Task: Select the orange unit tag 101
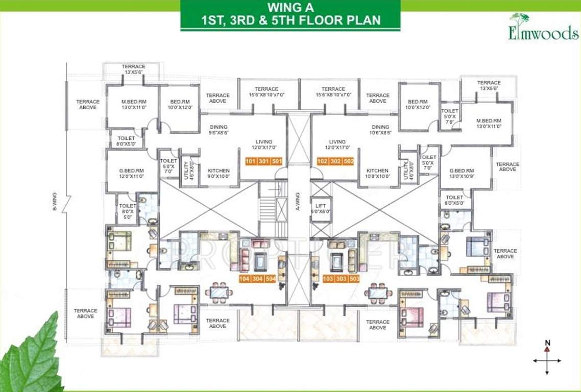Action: coord(250,161)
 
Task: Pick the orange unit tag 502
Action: coord(348,161)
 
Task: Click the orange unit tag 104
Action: coord(245,279)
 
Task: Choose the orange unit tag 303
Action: coord(341,279)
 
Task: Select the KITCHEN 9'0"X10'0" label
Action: coord(219,174)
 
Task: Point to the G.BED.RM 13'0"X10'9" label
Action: coord(462,174)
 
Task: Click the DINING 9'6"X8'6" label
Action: coord(218,130)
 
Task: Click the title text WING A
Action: coord(290,9)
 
